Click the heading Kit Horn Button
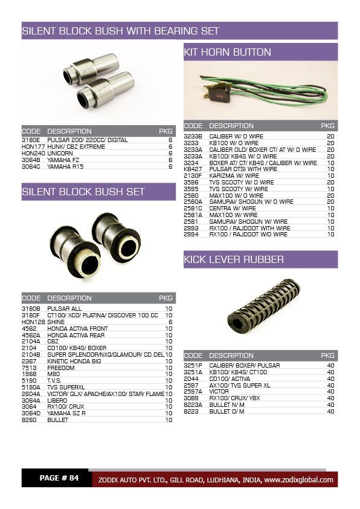(x=227, y=53)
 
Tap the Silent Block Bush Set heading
(x=83, y=192)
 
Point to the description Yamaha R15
(x=65, y=166)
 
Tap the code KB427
(x=193, y=169)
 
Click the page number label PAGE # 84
(x=59, y=478)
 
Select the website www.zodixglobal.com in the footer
(x=298, y=479)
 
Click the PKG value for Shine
(x=170, y=322)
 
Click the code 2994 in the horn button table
(x=191, y=235)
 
